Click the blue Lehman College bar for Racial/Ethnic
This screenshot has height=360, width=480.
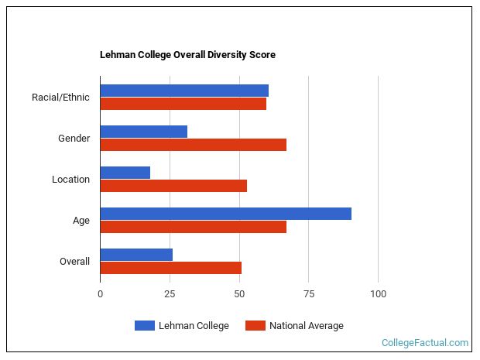(184, 91)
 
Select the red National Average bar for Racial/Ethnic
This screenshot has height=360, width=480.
(183, 104)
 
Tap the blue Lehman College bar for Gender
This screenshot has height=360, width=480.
(144, 132)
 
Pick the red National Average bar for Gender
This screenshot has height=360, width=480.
(194, 145)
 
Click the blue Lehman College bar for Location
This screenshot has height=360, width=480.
(125, 173)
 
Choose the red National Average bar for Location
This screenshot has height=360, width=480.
(173, 186)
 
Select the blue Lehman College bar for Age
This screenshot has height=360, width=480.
(226, 214)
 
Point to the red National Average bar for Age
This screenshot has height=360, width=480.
(194, 227)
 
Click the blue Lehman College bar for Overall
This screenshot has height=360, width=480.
(136, 255)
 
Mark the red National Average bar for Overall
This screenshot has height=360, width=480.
(171, 268)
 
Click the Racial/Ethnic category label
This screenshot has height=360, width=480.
(60, 98)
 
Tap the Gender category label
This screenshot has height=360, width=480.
(74, 139)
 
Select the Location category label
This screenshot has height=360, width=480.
(70, 180)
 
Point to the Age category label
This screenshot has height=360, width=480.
(81, 221)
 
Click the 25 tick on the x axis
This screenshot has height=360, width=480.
(170, 294)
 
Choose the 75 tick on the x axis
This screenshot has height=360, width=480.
(308, 294)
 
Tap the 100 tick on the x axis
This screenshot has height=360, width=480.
(378, 294)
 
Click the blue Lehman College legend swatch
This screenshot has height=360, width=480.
(144, 326)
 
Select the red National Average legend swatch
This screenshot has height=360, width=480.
(255, 326)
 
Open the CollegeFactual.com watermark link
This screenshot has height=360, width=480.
(425, 343)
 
